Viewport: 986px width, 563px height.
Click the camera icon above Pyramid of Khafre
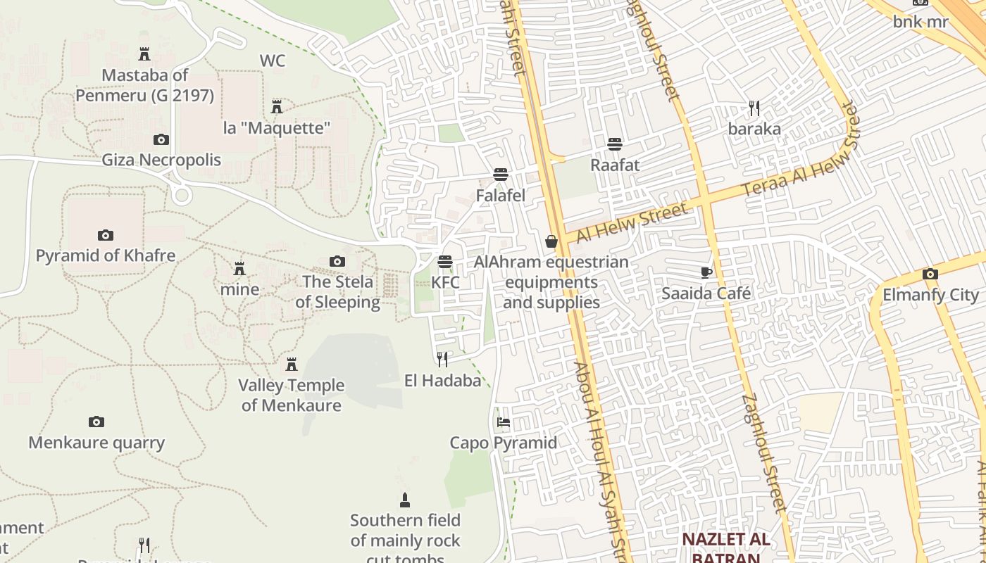(x=105, y=235)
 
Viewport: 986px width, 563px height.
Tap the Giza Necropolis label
(x=161, y=160)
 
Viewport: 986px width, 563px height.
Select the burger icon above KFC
(x=444, y=262)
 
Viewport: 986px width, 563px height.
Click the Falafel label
(x=501, y=195)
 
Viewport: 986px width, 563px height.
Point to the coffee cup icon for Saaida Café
(x=706, y=272)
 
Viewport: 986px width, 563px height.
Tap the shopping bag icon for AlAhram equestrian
(x=551, y=241)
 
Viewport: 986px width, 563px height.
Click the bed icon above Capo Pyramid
(x=504, y=422)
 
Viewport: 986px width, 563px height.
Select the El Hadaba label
(x=442, y=381)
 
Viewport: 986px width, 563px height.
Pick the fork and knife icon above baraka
(x=754, y=108)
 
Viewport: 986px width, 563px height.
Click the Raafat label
(x=615, y=165)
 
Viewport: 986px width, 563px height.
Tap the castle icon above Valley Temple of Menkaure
(x=292, y=365)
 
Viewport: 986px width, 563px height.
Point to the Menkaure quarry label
(x=96, y=443)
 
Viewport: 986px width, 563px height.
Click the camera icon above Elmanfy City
(x=930, y=274)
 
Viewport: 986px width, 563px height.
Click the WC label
(x=273, y=61)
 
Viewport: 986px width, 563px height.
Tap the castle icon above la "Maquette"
(x=277, y=107)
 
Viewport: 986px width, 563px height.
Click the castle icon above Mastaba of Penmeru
(x=144, y=54)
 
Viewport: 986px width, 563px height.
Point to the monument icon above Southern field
(x=405, y=500)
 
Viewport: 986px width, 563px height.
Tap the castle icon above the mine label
(x=239, y=269)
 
